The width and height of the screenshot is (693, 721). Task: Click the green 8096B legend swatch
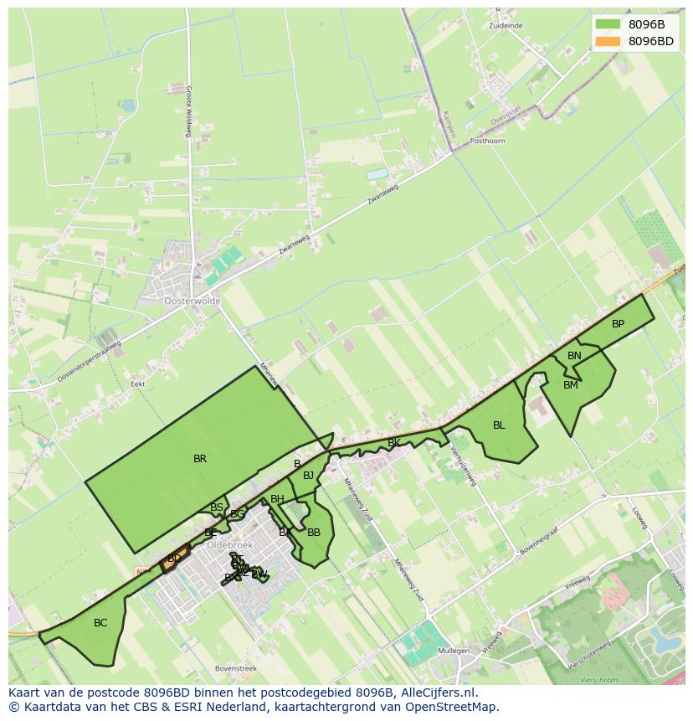[608, 24]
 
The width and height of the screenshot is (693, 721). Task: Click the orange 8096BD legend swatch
[608, 41]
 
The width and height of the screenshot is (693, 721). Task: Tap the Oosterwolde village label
[192, 301]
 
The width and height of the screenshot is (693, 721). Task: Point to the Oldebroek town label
[229, 544]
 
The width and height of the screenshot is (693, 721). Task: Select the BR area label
[200, 459]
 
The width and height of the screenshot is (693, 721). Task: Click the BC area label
[100, 623]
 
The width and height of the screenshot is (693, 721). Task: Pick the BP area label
[618, 324]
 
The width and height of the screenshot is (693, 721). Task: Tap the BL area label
[499, 425]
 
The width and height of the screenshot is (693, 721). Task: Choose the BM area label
[571, 385]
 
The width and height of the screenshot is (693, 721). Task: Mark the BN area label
[574, 356]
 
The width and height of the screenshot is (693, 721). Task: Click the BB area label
[314, 533]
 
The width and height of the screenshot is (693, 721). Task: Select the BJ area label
[308, 476]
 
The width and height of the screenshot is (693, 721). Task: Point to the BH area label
[277, 499]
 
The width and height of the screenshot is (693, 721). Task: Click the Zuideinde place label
[506, 26]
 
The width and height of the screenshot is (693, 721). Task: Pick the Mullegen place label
[454, 650]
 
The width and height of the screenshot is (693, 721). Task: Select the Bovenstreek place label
[235, 668]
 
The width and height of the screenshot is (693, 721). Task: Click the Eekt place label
[138, 384]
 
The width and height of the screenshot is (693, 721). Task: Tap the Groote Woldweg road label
[189, 111]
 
